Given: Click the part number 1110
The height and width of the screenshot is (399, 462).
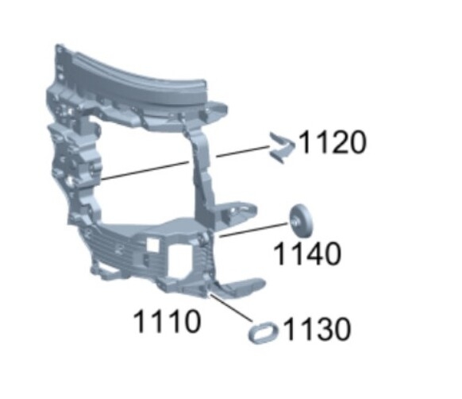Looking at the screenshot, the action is [167, 321].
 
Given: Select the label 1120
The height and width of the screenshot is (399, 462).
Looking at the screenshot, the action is [333, 142].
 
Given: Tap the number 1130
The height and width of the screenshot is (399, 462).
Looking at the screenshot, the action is [318, 329].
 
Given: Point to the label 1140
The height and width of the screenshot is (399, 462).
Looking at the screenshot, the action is [307, 253].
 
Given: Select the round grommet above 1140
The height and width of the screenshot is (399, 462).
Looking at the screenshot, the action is [301, 220].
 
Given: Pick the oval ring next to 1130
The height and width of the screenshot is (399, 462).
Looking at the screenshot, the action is [264, 332].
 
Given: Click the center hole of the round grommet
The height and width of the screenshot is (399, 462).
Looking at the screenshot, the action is [295, 220].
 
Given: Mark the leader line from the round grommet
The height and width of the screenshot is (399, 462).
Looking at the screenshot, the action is [253, 230].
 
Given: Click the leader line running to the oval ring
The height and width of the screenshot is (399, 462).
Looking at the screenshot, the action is [230, 308].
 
